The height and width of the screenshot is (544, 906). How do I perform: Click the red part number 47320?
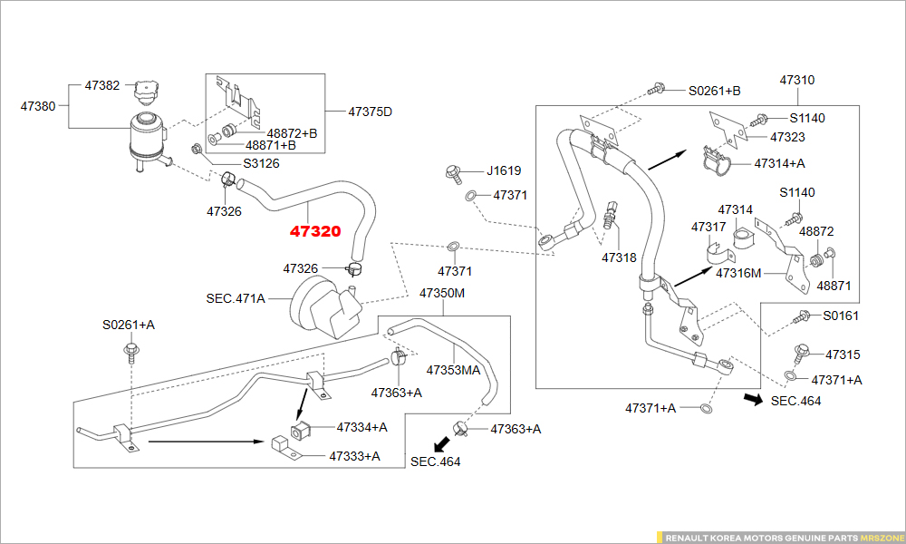315,231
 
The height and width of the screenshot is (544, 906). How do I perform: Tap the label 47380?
38,106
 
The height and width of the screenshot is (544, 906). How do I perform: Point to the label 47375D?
371,112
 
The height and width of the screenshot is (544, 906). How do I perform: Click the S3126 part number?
261,164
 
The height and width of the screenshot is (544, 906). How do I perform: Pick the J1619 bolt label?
504,170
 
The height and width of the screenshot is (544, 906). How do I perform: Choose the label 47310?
797,80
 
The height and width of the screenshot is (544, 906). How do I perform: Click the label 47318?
619,257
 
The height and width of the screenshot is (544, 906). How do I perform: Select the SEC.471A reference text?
236,297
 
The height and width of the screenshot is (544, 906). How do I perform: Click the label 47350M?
442,294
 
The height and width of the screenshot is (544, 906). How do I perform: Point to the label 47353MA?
453,369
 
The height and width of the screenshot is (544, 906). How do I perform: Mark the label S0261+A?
128,325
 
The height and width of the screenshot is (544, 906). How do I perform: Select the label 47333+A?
355,455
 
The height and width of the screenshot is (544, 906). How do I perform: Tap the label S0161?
841,316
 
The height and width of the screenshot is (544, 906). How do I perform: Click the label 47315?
843,355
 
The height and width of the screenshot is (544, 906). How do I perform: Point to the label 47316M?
738,272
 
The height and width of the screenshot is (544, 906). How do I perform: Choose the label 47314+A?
779,163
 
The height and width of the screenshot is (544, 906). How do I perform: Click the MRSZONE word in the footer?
882,537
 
